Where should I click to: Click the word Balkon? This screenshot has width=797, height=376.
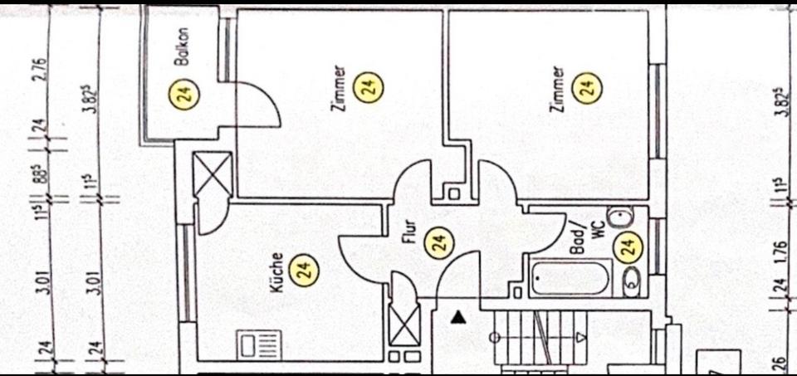[183, 47]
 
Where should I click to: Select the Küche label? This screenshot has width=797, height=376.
[277, 271]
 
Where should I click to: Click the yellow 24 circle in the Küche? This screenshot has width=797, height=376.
[307, 269]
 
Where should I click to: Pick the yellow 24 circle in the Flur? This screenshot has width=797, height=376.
[440, 242]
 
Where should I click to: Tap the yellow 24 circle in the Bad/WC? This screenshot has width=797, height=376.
[628, 246]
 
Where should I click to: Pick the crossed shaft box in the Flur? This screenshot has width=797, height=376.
[405, 324]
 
